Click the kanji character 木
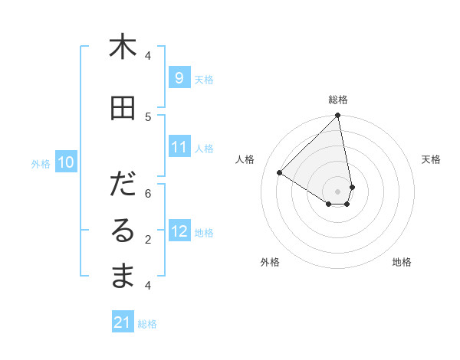[x=123, y=47]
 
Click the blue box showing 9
[x=179, y=78]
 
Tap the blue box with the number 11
[x=179, y=148]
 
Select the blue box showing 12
[x=179, y=232]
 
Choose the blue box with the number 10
[x=66, y=162]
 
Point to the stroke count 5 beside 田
[x=148, y=116]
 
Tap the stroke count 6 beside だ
[x=148, y=193]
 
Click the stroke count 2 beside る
[x=148, y=240]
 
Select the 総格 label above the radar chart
[x=338, y=100]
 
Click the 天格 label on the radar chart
[x=431, y=159]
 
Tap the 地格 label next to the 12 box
[x=204, y=233]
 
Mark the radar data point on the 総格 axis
[x=338, y=116]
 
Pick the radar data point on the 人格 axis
[x=280, y=173]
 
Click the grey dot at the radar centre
[x=338, y=191]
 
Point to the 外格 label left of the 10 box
[x=41, y=163]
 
